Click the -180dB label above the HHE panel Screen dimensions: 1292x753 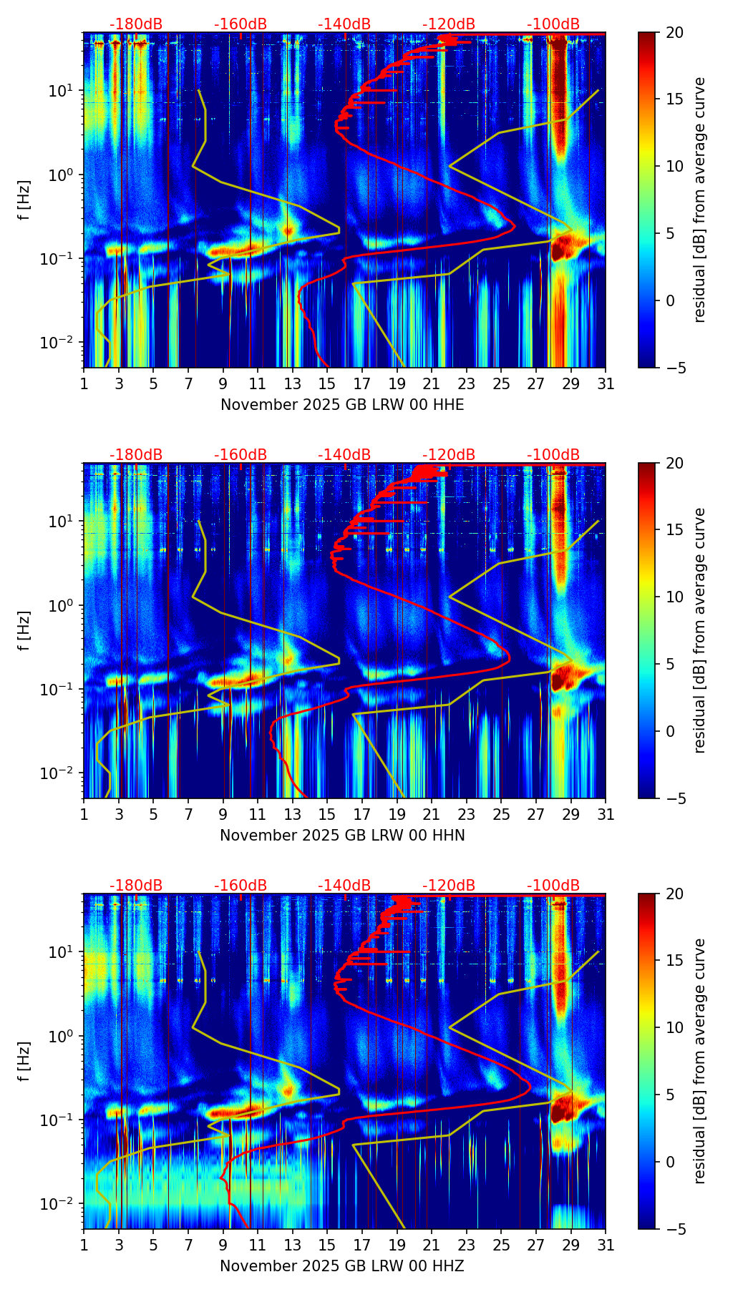pyautogui.click(x=136, y=24)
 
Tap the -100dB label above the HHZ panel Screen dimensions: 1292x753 pyautogui.click(x=553, y=886)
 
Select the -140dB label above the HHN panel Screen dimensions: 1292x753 pyautogui.click(x=344, y=455)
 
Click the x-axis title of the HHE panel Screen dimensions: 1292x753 pyautogui.click(x=342, y=405)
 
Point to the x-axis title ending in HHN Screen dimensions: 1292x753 pyautogui.click(x=342, y=836)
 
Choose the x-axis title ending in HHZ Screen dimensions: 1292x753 pyautogui.click(x=342, y=1266)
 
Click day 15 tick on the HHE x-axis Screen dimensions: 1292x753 pyautogui.click(x=327, y=383)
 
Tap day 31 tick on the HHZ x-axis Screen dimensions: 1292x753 pyautogui.click(x=606, y=1245)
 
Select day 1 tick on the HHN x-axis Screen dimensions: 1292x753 pyautogui.click(x=84, y=814)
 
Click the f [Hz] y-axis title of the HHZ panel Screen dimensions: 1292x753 pyautogui.click(x=24, y=1061)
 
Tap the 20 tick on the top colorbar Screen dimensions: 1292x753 pyautogui.click(x=674, y=32)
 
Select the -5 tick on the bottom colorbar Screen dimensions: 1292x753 pyautogui.click(x=674, y=1229)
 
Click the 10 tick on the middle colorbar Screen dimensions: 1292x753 pyautogui.click(x=674, y=597)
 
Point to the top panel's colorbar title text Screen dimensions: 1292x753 pyautogui.click(x=700, y=200)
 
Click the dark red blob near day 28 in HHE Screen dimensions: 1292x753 pyautogui.click(x=563, y=247)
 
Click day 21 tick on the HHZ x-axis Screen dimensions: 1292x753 pyautogui.click(x=432, y=1245)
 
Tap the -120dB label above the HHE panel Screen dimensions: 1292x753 pyautogui.click(x=449, y=24)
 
